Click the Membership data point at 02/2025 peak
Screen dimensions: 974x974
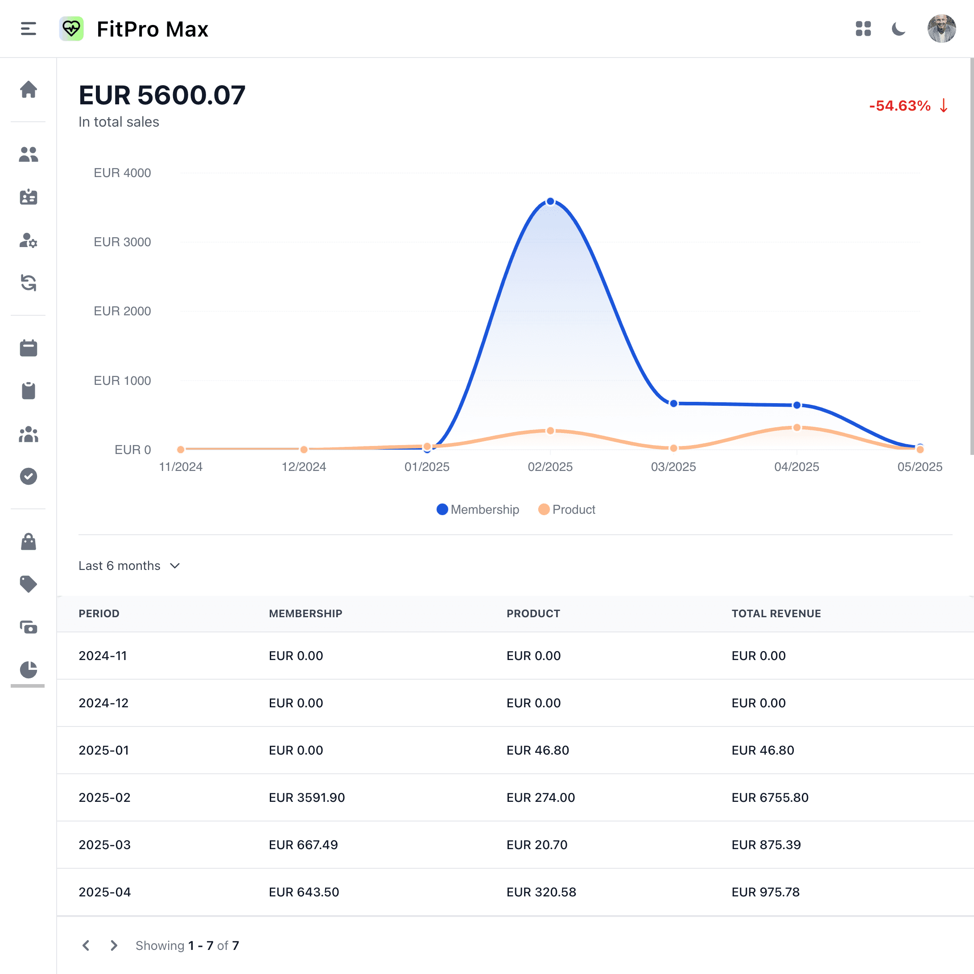coord(550,202)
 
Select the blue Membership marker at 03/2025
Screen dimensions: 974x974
coord(673,403)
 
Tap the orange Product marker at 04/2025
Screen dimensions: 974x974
coord(797,428)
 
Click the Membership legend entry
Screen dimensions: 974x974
coord(478,509)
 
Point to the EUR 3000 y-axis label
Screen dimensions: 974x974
coord(122,242)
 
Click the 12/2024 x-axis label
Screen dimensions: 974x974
coord(304,467)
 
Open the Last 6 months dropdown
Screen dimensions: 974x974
coord(129,565)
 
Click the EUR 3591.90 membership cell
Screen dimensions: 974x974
coord(306,797)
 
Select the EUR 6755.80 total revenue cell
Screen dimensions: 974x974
coord(769,797)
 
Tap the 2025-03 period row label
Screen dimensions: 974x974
coord(104,845)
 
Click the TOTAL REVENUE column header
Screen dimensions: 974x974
coord(776,614)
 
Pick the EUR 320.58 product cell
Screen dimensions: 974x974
coord(541,892)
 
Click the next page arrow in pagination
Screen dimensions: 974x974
coord(114,945)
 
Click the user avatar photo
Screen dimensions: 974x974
coord(941,29)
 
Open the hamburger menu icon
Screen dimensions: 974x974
coord(28,29)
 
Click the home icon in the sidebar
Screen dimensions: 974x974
coord(28,90)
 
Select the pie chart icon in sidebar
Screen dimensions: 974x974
coord(28,670)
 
